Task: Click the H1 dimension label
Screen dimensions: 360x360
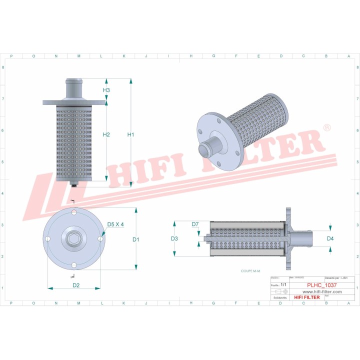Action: coord(130,134)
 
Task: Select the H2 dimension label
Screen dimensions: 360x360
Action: coord(106,134)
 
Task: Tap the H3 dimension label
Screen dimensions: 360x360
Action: coord(106,90)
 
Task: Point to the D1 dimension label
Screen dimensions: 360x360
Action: coord(136,239)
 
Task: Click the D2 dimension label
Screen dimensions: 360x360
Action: coord(76,285)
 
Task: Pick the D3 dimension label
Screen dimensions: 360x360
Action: coord(174,238)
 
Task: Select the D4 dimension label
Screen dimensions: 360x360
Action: coord(330,238)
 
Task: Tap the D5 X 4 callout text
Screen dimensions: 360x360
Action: coord(115,224)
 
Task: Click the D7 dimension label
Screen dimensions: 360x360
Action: coord(195,223)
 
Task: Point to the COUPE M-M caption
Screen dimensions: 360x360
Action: coord(251,270)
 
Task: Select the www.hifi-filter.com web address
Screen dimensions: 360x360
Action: coord(319,291)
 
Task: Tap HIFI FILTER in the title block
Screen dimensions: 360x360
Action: coord(306,297)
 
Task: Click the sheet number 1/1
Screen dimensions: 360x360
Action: coord(283,284)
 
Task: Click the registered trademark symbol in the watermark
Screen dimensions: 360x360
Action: coord(326,128)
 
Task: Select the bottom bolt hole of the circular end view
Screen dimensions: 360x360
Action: coord(74,265)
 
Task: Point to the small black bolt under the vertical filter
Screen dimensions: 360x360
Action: coord(74,185)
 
